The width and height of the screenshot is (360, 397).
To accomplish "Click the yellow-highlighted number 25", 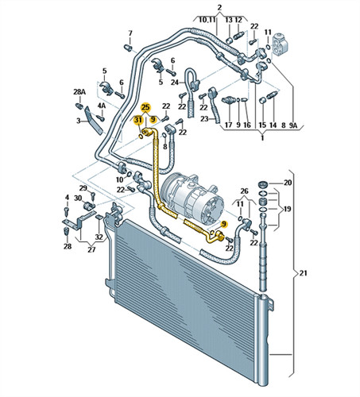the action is point(145,107).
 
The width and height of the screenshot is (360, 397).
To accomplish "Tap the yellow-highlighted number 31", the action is point(138,120).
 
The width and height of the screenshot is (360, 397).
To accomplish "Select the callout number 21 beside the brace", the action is point(303,273).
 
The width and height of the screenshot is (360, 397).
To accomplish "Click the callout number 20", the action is point(288,183).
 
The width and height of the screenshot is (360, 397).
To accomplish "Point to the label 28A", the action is point(79,92).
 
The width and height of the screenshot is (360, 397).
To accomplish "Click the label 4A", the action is point(102,106).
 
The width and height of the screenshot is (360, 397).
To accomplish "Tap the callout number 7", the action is point(130,33).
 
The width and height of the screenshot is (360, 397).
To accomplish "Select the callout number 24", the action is point(175,83).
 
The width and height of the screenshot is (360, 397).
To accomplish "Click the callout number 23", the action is point(204,119).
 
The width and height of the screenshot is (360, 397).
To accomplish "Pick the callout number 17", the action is point(228,125).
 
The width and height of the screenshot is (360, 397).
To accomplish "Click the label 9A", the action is point(293,125).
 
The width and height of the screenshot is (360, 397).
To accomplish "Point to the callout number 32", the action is point(99,237).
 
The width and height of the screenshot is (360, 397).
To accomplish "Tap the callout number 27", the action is point(91,249).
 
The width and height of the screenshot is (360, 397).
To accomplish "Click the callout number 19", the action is point(287,209).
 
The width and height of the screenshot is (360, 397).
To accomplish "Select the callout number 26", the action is point(244,191).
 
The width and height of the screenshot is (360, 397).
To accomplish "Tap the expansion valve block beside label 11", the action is point(281,44).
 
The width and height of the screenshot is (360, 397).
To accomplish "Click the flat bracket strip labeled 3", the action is point(93,121).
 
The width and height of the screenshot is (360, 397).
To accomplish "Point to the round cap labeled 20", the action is point(263,183).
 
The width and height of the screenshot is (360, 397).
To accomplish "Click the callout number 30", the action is point(78,198).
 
